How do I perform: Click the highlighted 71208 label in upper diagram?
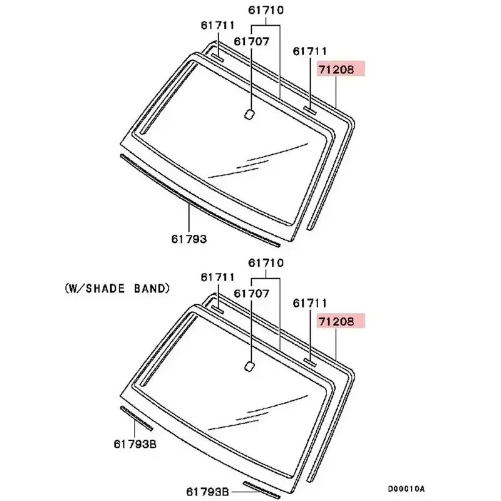(x=336, y=69)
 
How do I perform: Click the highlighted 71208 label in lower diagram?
(x=336, y=321)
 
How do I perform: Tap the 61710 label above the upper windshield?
(x=266, y=10)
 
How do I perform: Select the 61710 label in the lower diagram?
(x=266, y=262)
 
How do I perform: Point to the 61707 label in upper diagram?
(x=252, y=41)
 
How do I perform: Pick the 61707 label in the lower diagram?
(x=252, y=293)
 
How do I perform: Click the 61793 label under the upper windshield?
(x=189, y=239)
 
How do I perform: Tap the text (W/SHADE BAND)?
(x=117, y=289)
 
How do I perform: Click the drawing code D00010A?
(x=406, y=489)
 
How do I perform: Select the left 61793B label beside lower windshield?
(x=135, y=444)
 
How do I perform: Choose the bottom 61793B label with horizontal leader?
(x=207, y=491)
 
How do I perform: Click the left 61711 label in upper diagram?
(x=217, y=25)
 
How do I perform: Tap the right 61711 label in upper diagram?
(x=310, y=51)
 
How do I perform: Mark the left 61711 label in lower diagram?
(x=217, y=277)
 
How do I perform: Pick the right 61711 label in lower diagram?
(x=310, y=303)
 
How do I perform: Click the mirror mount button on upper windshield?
(x=249, y=115)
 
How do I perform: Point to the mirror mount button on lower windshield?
(x=249, y=366)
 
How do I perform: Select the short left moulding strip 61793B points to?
(x=137, y=418)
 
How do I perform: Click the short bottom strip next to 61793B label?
(x=261, y=491)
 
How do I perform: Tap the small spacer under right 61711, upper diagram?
(x=310, y=110)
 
